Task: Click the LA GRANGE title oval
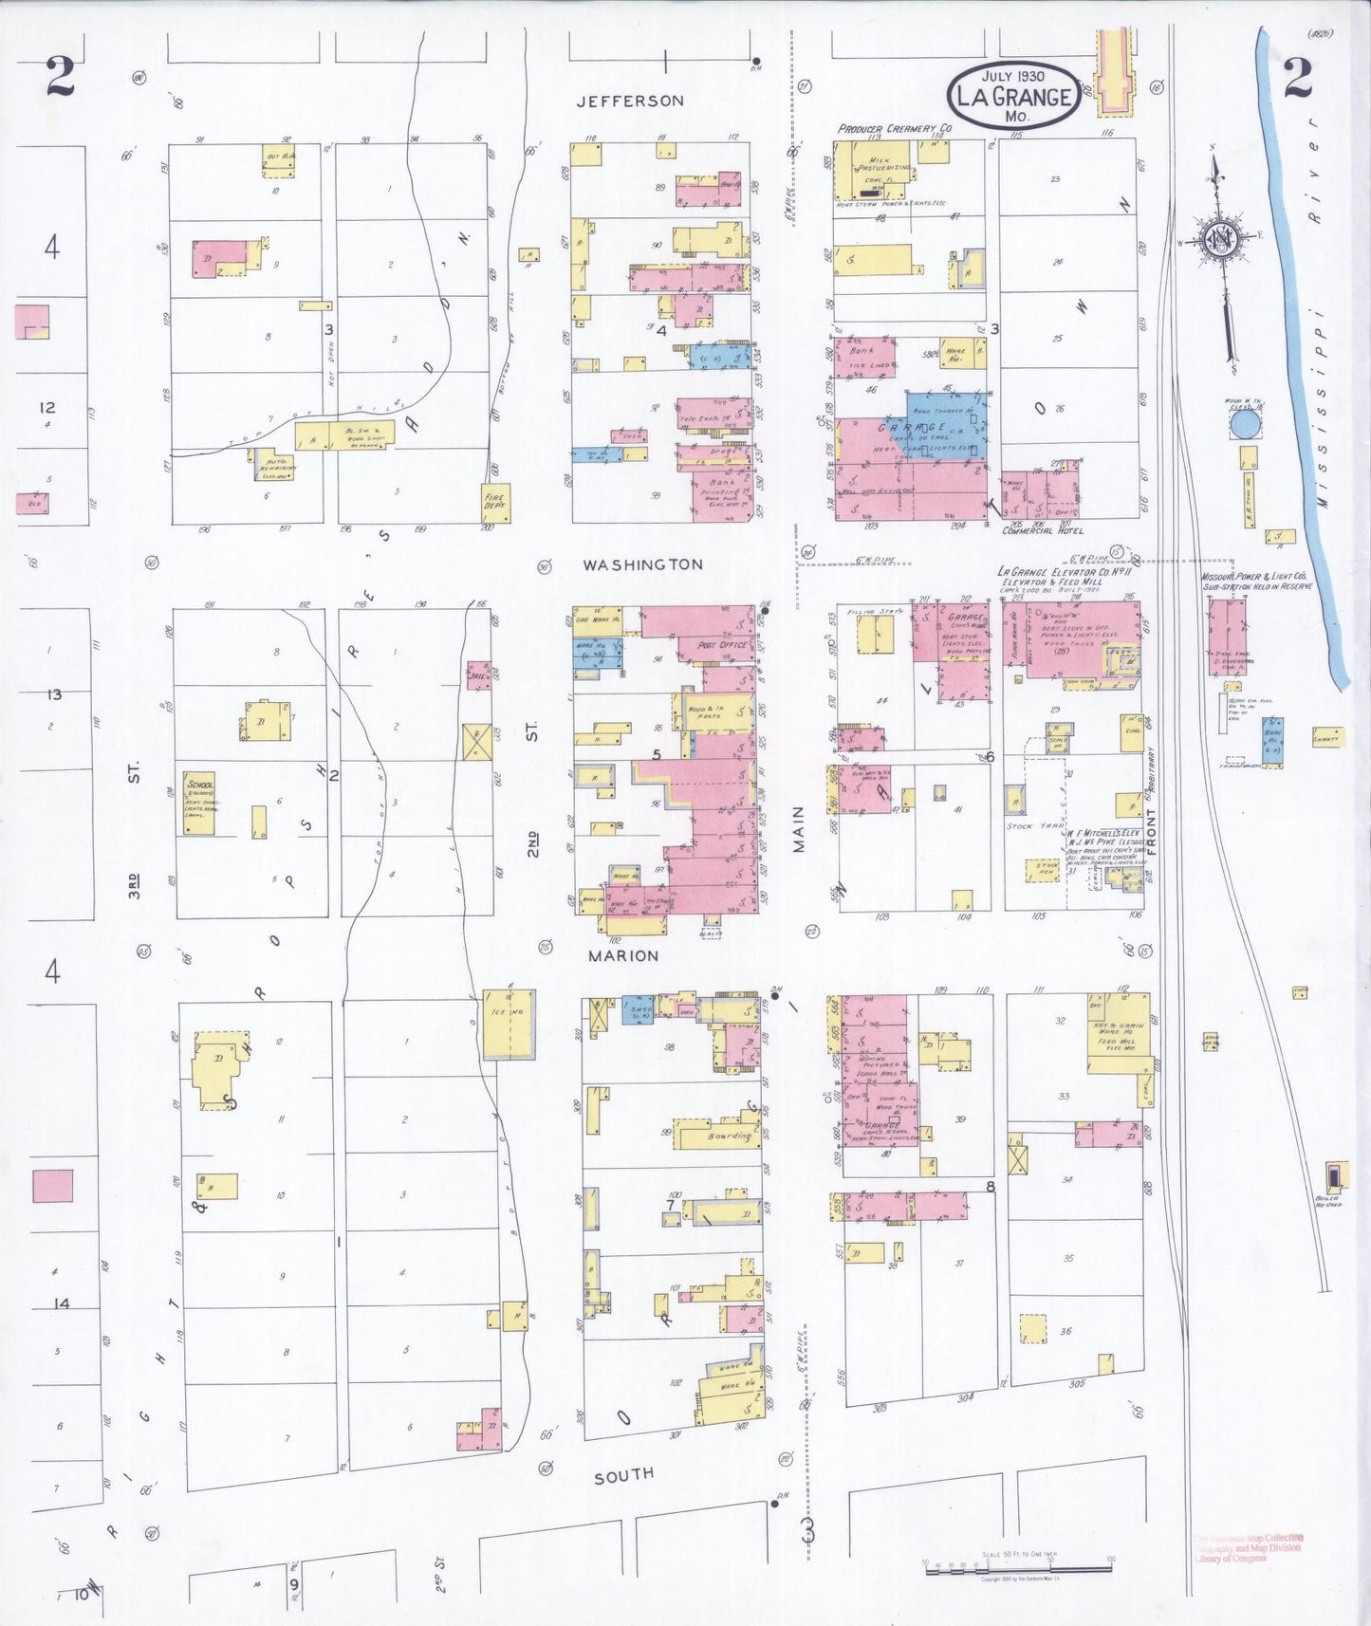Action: (x=1013, y=95)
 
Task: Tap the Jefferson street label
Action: (x=630, y=101)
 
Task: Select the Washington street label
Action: (x=642, y=564)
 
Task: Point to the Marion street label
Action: (x=622, y=955)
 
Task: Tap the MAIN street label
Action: (x=798, y=828)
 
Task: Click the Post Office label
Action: (x=721, y=645)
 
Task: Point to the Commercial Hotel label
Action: (x=1043, y=531)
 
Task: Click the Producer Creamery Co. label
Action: (x=895, y=128)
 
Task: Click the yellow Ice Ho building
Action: (x=509, y=1025)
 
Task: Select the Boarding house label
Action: (x=729, y=1136)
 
